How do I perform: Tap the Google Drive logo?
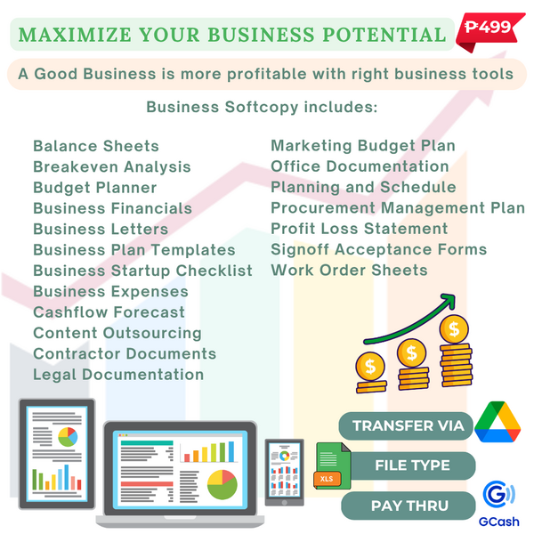(x=498, y=422)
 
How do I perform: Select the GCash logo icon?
(x=499, y=494)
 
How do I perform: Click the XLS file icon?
(x=332, y=465)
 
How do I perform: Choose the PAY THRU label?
(x=409, y=506)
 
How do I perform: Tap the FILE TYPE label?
(x=412, y=465)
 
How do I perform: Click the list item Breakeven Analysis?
(x=112, y=167)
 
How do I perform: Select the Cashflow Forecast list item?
(x=109, y=312)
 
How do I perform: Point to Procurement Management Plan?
(x=398, y=208)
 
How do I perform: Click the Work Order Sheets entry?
(x=349, y=271)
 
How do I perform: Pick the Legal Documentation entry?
(x=118, y=375)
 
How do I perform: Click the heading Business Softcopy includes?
(x=262, y=107)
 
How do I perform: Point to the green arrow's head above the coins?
(x=448, y=301)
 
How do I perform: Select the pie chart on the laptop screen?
(x=222, y=485)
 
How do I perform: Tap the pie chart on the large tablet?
(x=68, y=437)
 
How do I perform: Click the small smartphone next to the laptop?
(x=285, y=473)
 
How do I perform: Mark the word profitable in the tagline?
(x=267, y=74)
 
